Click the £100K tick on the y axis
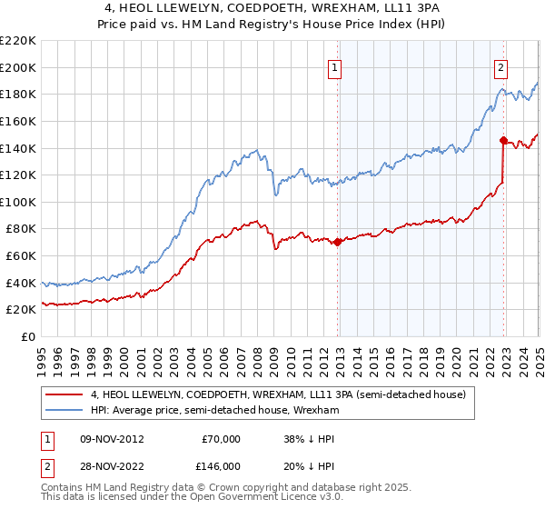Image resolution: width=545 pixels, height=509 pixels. tap(18, 202)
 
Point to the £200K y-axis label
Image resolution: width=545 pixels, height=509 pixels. tap(18, 67)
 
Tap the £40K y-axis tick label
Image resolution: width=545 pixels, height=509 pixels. tap(21, 283)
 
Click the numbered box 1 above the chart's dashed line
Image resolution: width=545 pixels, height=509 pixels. tap(335, 66)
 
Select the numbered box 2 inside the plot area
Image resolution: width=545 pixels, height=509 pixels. tap(501, 66)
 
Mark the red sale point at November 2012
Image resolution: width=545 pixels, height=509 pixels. tap(337, 242)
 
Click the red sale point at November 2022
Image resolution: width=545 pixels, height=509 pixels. tap(503, 140)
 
